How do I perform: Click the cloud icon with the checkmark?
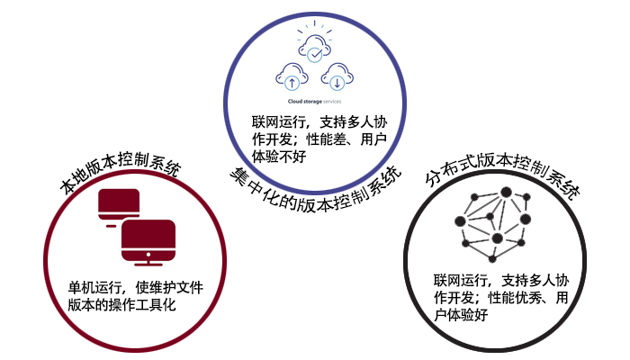pos(313,50)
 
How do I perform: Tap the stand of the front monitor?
pos(147,261)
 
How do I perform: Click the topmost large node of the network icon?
pos(506,192)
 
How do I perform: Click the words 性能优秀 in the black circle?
pos(517,297)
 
